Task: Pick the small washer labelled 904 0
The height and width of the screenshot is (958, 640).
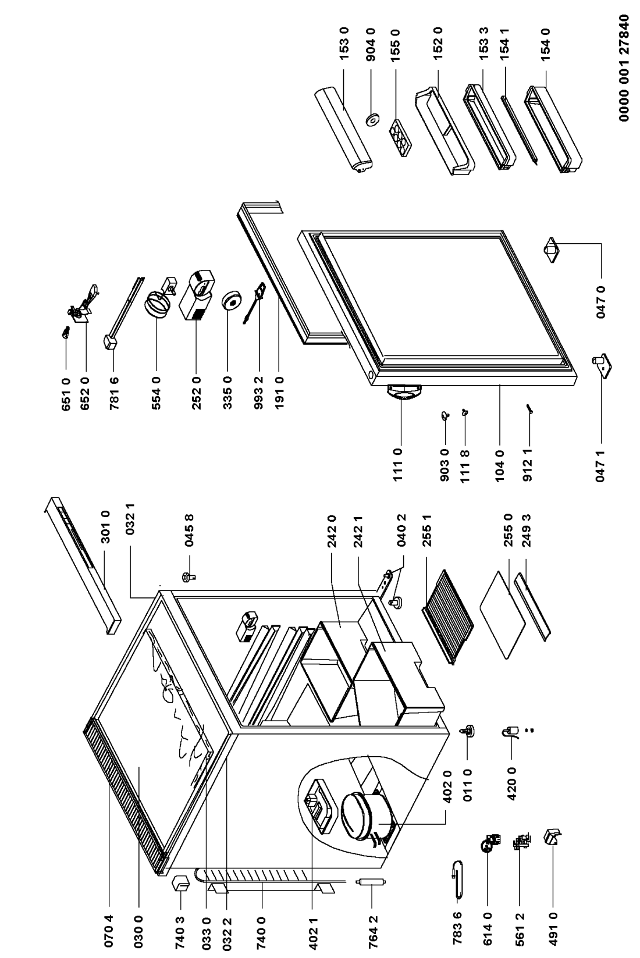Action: click(371, 120)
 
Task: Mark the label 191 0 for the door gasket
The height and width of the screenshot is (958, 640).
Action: click(279, 384)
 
